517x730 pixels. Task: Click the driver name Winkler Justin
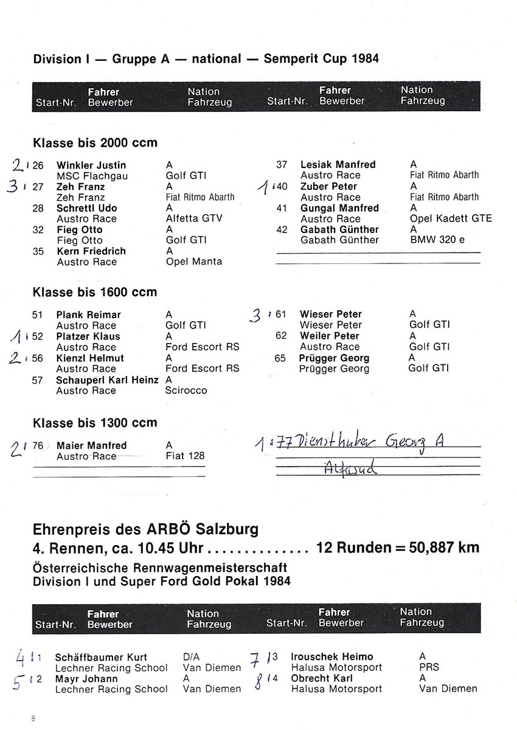(91, 165)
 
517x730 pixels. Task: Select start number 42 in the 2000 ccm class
(282, 230)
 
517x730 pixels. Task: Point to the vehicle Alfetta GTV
(194, 218)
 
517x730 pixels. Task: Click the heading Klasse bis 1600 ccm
(95, 292)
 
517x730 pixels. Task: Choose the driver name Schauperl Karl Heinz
(106, 380)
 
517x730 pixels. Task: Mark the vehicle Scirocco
(186, 391)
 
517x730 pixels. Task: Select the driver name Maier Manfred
(91, 445)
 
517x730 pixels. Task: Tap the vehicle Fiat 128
(185, 456)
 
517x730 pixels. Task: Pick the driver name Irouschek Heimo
(332, 656)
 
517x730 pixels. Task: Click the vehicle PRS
(429, 667)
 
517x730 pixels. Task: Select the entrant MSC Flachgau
(92, 176)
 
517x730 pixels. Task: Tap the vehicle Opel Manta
(194, 262)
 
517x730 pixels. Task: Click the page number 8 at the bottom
(33, 718)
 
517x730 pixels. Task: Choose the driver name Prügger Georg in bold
(334, 358)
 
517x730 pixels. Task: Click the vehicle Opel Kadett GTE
(451, 218)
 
